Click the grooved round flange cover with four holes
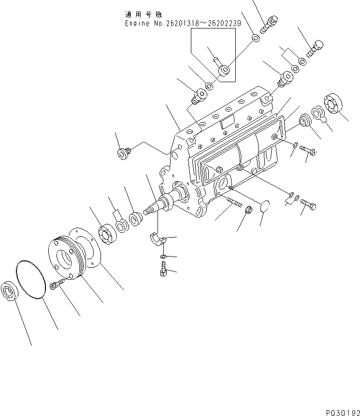(73, 256)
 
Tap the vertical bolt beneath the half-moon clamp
(162, 269)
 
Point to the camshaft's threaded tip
(150, 212)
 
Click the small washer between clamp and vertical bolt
(163, 255)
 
